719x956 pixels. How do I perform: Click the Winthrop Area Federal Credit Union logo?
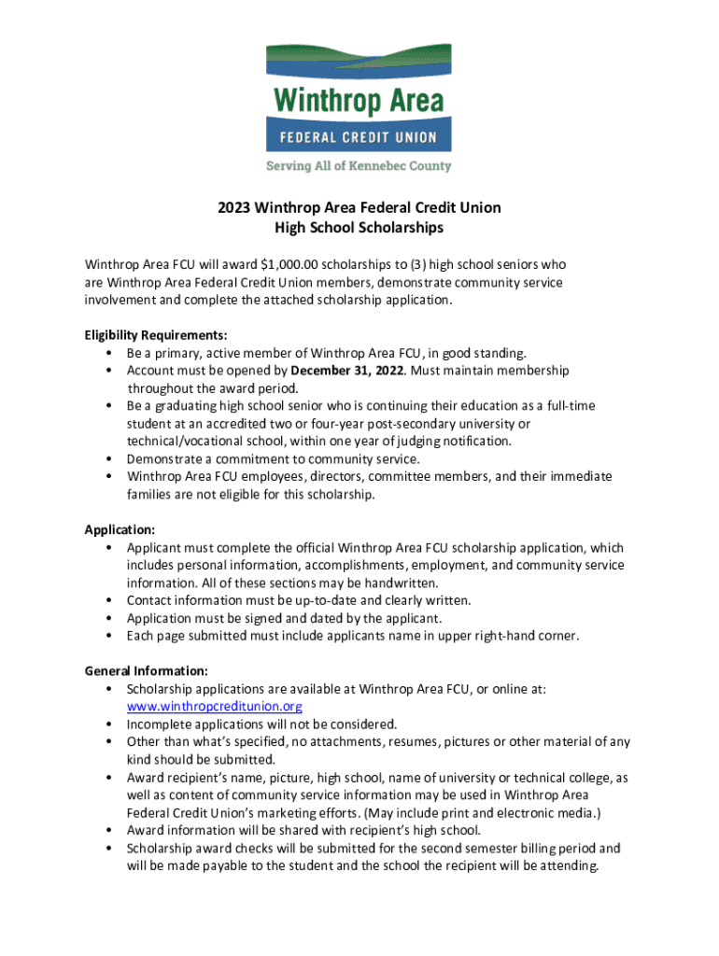coord(359,97)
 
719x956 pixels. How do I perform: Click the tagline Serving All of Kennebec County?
coord(359,166)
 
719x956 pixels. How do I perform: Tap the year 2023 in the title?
coord(233,207)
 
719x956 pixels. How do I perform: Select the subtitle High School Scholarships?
coord(359,227)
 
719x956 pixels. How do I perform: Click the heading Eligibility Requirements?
coord(156,334)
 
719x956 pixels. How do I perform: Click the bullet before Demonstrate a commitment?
coord(111,459)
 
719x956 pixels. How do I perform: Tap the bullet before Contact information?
coord(111,600)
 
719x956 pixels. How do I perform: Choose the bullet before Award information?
coord(111,831)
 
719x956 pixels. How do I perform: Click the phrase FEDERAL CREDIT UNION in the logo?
coord(359,137)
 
